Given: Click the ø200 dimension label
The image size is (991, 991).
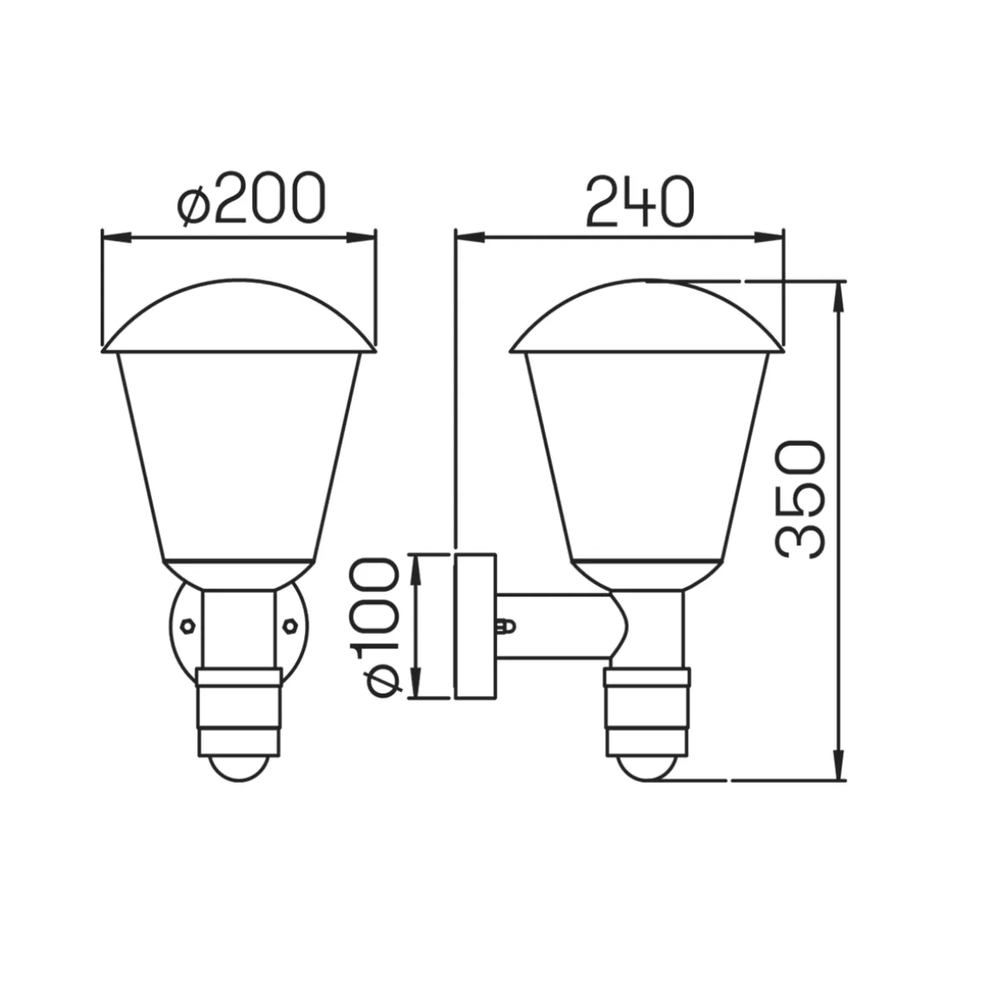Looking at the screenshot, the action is (251, 198).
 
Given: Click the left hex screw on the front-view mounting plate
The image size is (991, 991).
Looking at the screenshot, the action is (187, 625).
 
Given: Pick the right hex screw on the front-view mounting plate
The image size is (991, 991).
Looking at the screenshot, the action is (290, 625).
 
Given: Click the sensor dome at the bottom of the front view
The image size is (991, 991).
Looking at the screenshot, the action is (238, 767).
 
